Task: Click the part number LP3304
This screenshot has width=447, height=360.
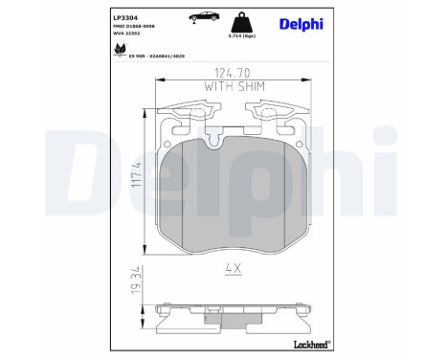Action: (x=125, y=16)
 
